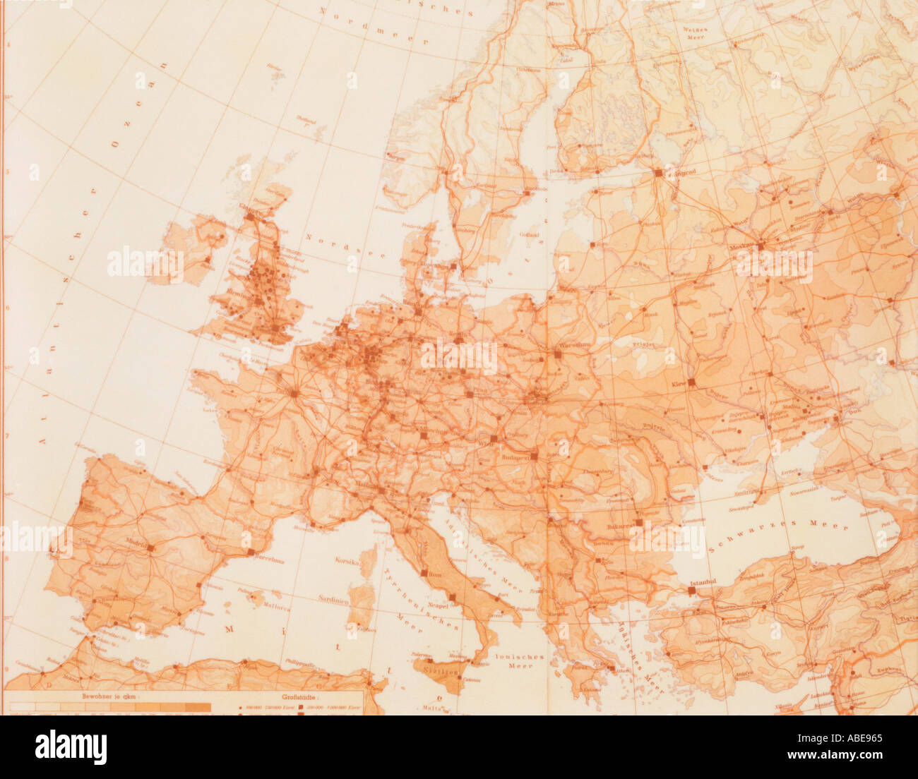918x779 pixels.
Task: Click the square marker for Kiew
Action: [x=692, y=382]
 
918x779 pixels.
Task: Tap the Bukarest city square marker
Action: [x=639, y=523]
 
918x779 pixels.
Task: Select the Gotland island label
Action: [x=529, y=234]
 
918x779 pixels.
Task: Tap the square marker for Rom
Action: [x=424, y=574]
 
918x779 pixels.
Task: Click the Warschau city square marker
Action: [x=558, y=355]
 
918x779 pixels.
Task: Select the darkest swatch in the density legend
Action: [x=198, y=706]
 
